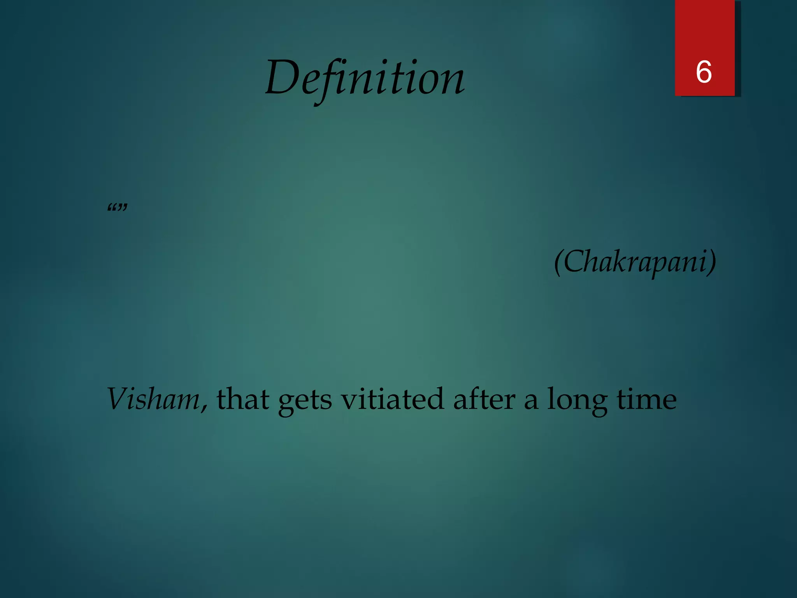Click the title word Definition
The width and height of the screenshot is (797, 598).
click(x=365, y=78)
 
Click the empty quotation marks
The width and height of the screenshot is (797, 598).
click(x=117, y=208)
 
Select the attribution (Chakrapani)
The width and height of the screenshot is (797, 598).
click(x=635, y=262)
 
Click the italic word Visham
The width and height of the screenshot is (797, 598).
click(x=153, y=399)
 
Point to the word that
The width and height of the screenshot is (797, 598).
click(x=243, y=399)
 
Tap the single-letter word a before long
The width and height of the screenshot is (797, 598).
click(x=531, y=401)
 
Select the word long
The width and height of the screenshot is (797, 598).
click(x=577, y=401)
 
